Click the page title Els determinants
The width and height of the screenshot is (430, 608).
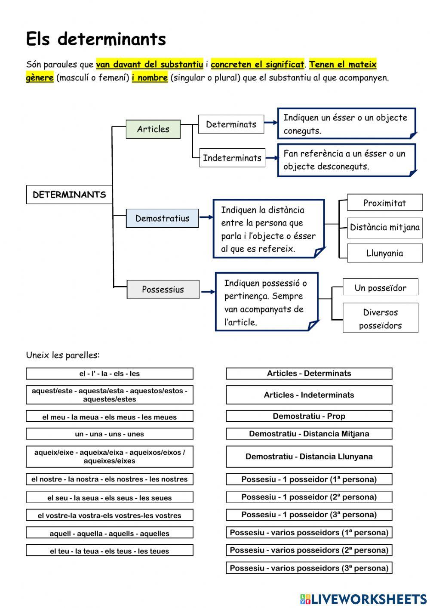tap(96, 39)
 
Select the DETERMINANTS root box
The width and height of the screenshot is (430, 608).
tap(69, 194)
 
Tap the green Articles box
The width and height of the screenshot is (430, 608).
tap(153, 129)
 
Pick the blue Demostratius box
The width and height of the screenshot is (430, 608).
tap(162, 218)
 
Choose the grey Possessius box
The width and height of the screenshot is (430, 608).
tap(163, 290)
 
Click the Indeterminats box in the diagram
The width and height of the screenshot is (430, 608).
tap(232, 158)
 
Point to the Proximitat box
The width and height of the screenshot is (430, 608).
tap(384, 203)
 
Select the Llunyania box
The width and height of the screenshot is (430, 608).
tap(384, 253)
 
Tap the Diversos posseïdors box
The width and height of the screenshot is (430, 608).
tap(380, 318)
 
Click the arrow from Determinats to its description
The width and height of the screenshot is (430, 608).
tap(270, 123)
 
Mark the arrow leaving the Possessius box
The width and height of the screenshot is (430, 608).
tap(207, 292)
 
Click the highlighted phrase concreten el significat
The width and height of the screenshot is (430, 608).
tap(257, 65)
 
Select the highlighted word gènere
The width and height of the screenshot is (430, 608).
tap(40, 78)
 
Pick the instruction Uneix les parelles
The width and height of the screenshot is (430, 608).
tap(63, 355)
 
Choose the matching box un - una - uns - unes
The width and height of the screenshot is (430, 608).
tap(109, 434)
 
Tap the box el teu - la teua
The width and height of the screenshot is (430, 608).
tap(109, 551)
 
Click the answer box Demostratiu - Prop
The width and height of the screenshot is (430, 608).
tap(309, 416)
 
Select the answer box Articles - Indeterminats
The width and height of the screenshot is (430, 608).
tap(309, 395)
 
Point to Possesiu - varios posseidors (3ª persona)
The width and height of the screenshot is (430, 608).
tap(309, 568)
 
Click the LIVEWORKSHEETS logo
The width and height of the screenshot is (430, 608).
tap(363, 599)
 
